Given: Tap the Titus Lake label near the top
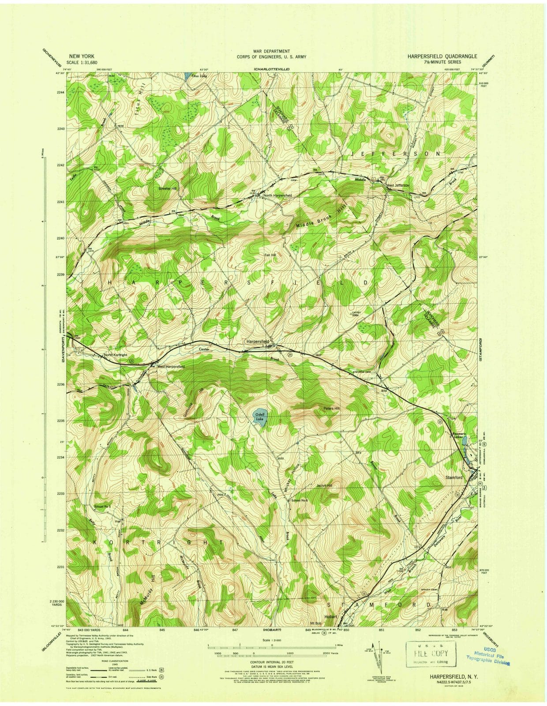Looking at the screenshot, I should (x=198, y=76).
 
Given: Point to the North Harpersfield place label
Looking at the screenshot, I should (x=277, y=195).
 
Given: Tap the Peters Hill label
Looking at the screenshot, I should (x=331, y=409).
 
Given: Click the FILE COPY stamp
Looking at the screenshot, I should (x=430, y=653).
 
